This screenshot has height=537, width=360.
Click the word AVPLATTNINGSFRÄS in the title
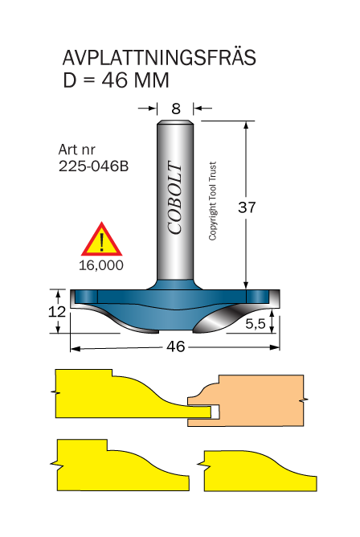coord(159,57)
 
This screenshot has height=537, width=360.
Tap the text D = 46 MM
coord(116,80)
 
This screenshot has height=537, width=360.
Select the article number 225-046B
coord(93,166)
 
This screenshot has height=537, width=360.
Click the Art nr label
coord(76,150)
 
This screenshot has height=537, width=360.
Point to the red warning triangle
coord(101,240)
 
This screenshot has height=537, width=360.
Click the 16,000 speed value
coord(101,265)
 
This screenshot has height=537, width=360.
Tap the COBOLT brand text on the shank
coord(175,199)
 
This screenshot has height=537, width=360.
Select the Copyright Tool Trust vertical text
coord(212,201)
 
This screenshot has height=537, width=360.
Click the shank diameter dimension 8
coord(176,109)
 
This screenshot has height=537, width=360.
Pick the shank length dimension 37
coord(247,207)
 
